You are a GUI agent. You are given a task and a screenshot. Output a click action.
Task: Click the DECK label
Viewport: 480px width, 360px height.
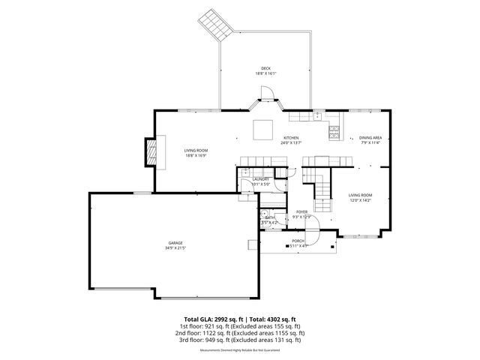click(265, 68)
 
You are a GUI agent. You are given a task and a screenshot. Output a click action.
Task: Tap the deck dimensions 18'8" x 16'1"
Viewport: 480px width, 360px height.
click(265, 73)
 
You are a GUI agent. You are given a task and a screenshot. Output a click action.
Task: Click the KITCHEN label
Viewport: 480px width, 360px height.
click(291, 138)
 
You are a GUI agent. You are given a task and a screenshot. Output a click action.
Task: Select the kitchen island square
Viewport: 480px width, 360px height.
click(262, 130)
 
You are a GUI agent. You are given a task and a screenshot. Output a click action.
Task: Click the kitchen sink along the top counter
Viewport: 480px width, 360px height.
click(317, 115)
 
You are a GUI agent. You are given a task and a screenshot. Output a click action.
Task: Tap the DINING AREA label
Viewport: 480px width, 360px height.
click(370, 138)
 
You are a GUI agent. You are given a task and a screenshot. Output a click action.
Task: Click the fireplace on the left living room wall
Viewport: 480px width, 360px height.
click(153, 154)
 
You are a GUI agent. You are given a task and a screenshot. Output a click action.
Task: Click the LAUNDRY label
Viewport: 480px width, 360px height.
click(261, 179)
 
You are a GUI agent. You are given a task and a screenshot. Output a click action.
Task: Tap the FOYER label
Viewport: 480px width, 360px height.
click(302, 212)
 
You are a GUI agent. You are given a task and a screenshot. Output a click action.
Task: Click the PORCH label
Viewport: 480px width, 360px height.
click(298, 241)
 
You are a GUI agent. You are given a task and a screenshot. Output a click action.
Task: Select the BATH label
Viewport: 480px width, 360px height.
click(269, 217)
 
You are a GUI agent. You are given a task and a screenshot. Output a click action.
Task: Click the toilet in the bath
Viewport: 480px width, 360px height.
click(264, 213)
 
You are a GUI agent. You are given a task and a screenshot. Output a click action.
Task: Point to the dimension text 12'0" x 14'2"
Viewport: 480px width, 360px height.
click(360, 200)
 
